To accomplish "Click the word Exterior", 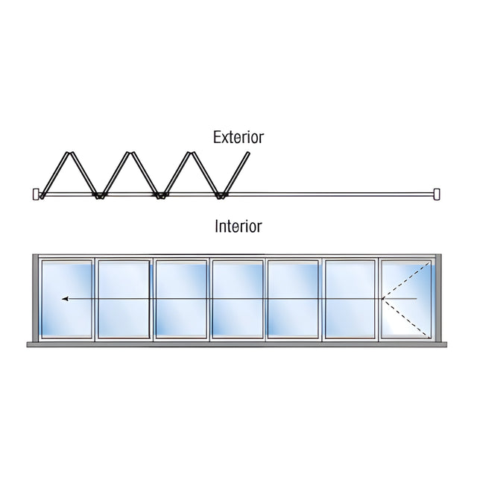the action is coord(238,137).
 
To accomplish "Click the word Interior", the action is coord(238,227).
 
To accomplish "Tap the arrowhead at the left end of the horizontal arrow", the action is coord(65,299).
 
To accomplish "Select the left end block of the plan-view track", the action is coord(36,194).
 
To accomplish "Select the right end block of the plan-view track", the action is coord(437,194).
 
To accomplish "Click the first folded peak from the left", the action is coord(70,153).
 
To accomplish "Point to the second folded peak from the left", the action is coord(131,153).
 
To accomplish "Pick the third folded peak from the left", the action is coord(191,153).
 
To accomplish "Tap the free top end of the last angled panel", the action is coord(247,153).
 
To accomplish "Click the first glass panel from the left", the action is coord(66,299).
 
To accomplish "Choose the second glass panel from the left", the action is coord(124,299).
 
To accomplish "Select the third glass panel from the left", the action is coord(181,299).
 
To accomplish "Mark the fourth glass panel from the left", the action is coord(237,299).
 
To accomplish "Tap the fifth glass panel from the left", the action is coord(293,299).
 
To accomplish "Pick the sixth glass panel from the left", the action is coord(350,299).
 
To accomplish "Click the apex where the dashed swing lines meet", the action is coord(382,299).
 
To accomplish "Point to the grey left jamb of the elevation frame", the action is coord(35,298).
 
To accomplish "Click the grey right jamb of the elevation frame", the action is coord(439,298).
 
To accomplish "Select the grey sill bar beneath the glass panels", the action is coord(237,344).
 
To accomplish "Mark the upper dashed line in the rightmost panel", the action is coord(406,280).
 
